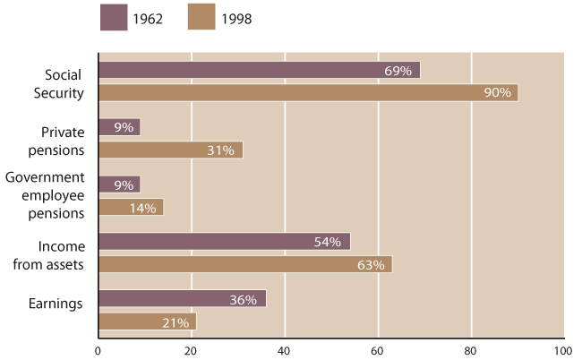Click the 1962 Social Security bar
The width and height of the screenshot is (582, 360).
(259, 70)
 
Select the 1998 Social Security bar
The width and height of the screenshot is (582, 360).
(308, 92)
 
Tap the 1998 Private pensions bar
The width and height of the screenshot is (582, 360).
(170, 150)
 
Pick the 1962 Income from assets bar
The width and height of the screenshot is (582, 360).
(224, 242)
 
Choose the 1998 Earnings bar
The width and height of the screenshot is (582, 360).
(147, 321)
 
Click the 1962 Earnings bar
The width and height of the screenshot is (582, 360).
(182, 299)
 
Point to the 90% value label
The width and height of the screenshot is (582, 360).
(497, 92)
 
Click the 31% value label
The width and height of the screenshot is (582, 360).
(220, 150)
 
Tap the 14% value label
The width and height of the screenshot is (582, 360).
(142, 208)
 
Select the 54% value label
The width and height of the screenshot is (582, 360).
(329, 242)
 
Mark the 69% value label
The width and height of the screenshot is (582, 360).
(398, 70)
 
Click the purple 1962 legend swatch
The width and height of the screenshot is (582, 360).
(113, 18)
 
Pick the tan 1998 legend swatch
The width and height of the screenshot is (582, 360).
(202, 18)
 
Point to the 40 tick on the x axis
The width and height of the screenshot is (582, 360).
(284, 350)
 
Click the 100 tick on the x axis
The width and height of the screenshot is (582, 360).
(561, 350)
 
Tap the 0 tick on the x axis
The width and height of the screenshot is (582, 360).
(98, 350)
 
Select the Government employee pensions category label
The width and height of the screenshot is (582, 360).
(45, 195)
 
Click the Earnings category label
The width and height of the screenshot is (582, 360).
(56, 304)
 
